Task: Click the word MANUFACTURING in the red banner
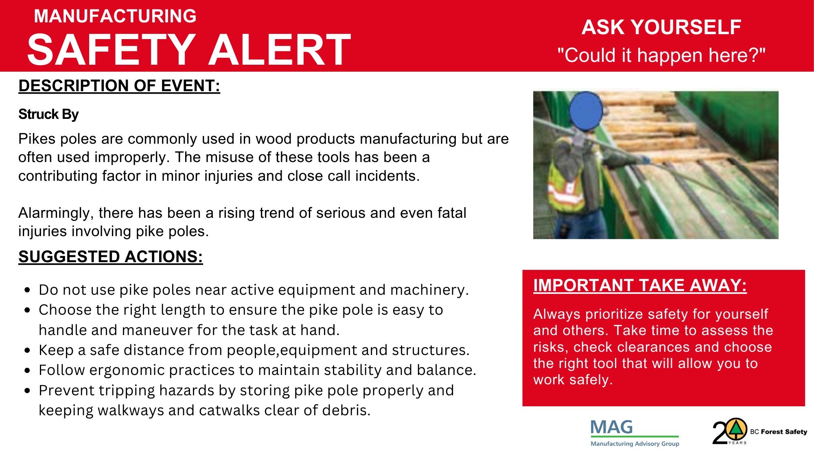click(115, 16)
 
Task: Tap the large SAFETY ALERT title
click(189, 50)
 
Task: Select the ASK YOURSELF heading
click(661, 27)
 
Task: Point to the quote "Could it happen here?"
click(661, 55)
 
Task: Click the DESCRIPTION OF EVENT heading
click(119, 86)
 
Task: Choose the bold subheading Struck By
click(48, 114)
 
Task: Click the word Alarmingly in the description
click(56, 213)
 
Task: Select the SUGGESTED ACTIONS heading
click(111, 257)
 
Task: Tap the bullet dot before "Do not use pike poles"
click(27, 290)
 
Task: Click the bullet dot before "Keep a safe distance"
click(27, 351)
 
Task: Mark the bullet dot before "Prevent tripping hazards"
click(27, 391)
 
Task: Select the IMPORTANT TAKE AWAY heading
click(640, 285)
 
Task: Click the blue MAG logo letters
click(612, 427)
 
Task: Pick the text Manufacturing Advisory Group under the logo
click(635, 444)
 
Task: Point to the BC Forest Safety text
click(779, 432)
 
